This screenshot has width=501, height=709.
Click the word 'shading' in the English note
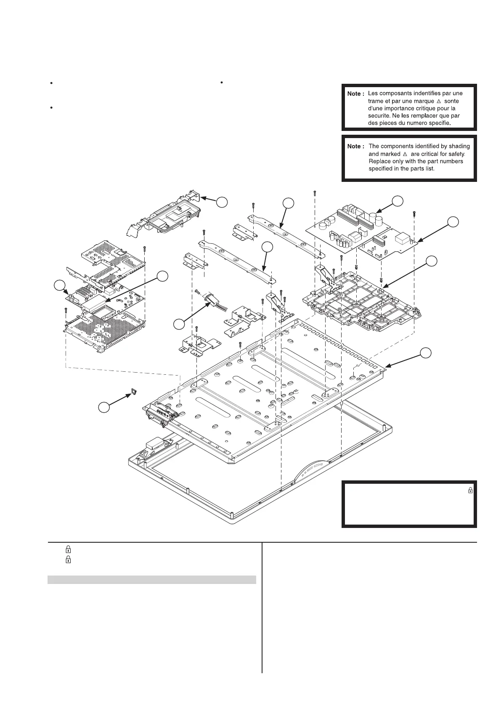[x=459, y=146]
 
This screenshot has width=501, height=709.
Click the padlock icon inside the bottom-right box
[x=470, y=490]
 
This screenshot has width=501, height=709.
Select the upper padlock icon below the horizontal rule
[x=68, y=549]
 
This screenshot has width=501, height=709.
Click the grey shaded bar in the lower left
[x=151, y=580]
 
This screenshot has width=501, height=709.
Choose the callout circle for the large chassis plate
[x=427, y=352]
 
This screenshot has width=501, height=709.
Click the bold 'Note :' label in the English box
[x=356, y=147]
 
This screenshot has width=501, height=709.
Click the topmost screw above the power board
[x=315, y=193]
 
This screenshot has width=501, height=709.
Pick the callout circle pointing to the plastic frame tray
[x=432, y=261]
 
